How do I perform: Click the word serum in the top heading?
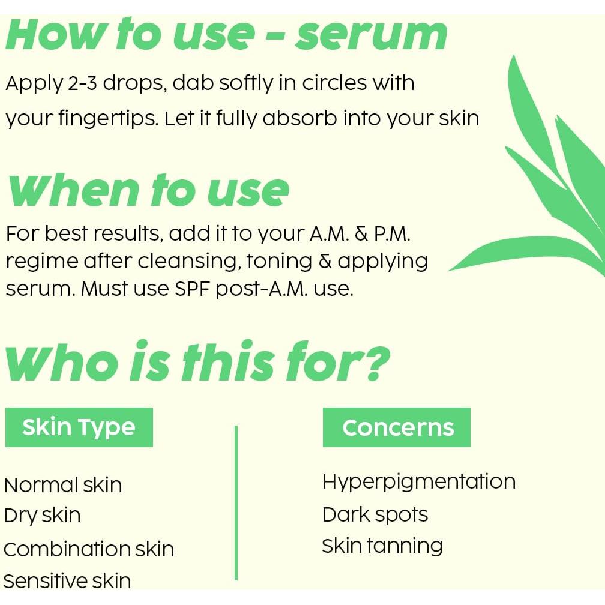tap(371, 35)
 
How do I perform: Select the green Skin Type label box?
tap(79, 427)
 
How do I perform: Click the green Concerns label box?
tap(397, 427)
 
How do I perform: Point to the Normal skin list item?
tap(63, 485)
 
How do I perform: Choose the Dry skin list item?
tap(42, 516)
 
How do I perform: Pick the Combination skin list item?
tap(89, 549)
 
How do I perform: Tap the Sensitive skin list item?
tap(67, 581)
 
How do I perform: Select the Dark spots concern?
tap(375, 515)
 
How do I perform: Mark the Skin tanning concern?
tap(382, 547)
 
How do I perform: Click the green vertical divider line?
tap(236, 503)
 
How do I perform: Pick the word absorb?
tap(299, 118)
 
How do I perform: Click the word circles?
tap(334, 83)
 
